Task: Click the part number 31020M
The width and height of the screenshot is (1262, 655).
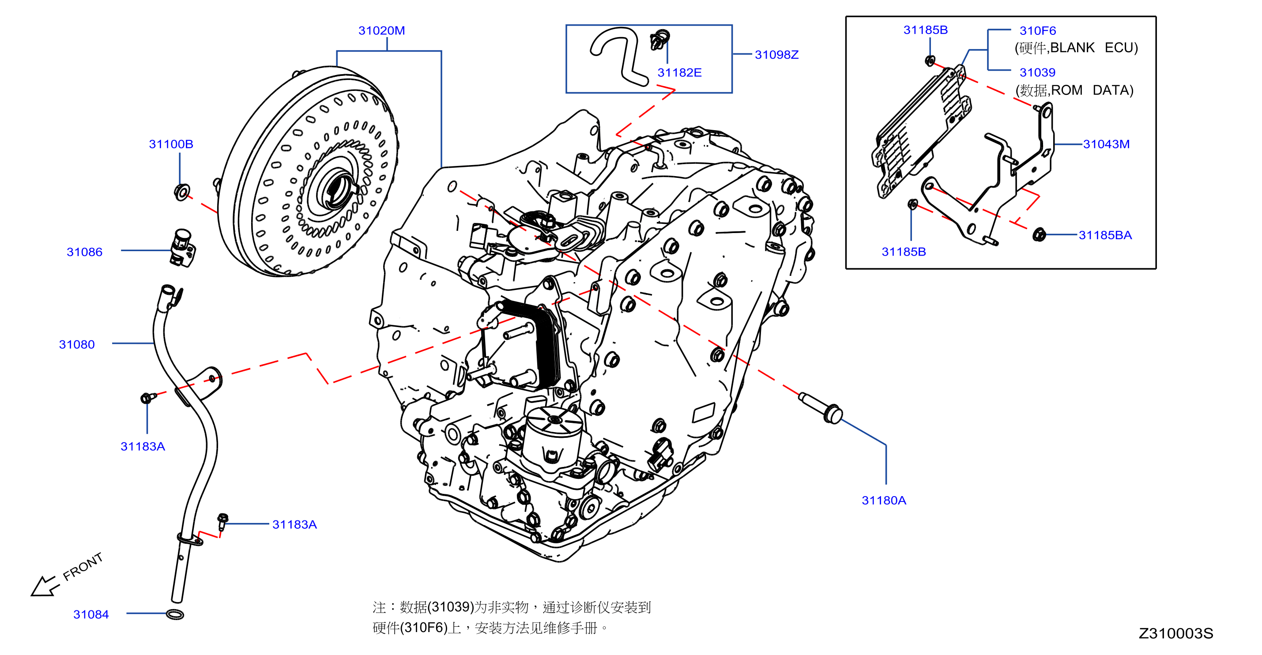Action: coord(382,30)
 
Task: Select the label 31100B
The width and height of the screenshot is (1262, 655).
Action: coord(171,144)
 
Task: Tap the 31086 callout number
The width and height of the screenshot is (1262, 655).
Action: coord(84,252)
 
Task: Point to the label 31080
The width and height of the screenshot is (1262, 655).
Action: coord(77,344)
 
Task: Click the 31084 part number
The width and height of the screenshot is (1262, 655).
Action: coord(91,614)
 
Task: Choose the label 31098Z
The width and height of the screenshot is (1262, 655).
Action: coord(776,54)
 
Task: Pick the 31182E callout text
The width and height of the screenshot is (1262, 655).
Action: coord(679,72)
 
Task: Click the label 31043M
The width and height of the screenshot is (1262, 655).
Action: coord(1106,144)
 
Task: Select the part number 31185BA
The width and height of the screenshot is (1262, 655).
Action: coord(1105,235)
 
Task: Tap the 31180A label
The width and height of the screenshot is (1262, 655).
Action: coord(884,500)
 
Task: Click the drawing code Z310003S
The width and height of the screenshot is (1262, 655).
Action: coord(1176,633)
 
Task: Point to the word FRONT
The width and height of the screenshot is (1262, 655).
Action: coord(83,566)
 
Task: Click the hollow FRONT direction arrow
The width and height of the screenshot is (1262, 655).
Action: coord(45,586)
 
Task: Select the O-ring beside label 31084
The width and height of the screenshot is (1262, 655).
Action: coord(175,614)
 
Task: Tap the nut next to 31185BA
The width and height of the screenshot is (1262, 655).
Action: coord(1039,235)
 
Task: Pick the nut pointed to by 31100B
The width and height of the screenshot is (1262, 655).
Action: coord(182,192)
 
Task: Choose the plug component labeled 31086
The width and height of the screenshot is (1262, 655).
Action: coord(183,248)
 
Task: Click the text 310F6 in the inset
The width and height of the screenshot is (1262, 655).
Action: coord(1038,30)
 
